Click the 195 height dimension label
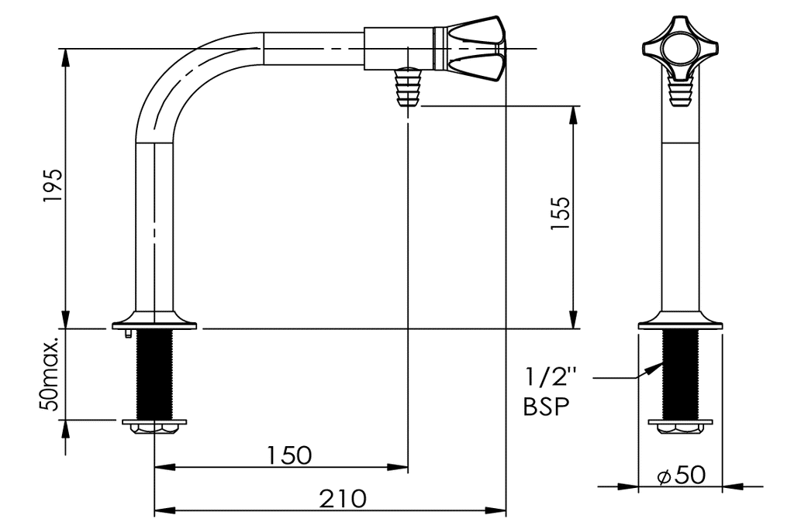53,186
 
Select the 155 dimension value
560,213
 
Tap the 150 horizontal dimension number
289,455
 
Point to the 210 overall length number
343,499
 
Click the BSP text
547,406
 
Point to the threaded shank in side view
154,374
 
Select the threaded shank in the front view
680,374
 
